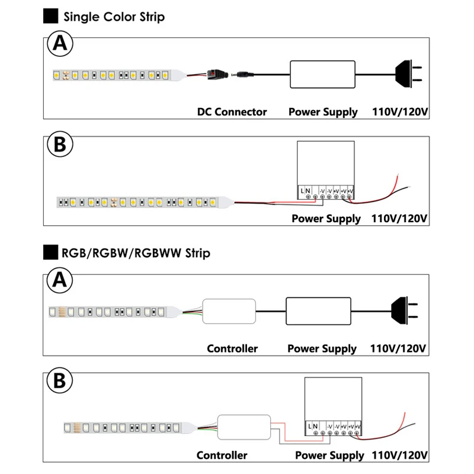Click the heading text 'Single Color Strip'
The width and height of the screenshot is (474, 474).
click(114, 17)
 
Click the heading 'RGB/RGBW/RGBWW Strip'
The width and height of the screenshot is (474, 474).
click(136, 254)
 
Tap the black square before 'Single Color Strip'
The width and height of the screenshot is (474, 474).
click(52, 17)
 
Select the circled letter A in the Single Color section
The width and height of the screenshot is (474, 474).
click(59, 44)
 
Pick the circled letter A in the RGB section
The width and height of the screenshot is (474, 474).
click(59, 281)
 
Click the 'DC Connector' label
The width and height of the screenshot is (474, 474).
click(232, 111)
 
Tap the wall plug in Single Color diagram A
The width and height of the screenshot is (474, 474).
click(409, 73)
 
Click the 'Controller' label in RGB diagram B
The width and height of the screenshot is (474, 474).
click(222, 456)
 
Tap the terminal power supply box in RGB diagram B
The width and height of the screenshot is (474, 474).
click(333, 403)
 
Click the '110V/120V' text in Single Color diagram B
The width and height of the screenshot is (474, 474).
click(399, 218)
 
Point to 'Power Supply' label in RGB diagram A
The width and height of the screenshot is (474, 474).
click(322, 348)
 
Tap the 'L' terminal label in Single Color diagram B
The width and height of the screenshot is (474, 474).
click(303, 190)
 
